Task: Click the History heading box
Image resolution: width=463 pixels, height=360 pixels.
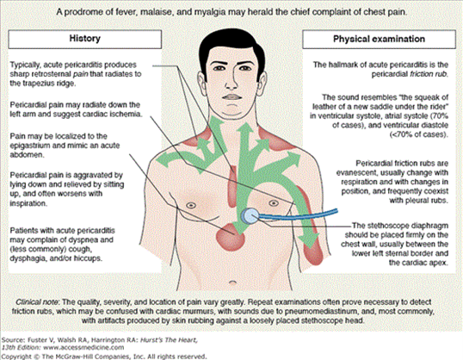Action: (x=84, y=39)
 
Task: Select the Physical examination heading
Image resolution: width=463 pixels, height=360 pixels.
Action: (x=379, y=39)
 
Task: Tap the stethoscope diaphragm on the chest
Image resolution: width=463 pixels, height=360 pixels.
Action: (x=250, y=215)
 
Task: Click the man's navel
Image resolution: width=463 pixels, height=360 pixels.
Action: (x=233, y=282)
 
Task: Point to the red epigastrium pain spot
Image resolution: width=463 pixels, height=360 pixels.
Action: (x=231, y=237)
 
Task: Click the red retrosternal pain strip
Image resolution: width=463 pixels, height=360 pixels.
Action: (x=233, y=186)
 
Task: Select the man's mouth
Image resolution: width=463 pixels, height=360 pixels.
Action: (x=232, y=97)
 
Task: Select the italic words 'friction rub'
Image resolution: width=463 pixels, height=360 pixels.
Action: (x=429, y=74)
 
